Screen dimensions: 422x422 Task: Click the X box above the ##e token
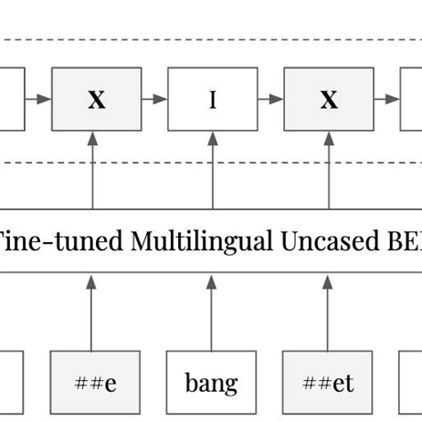[x=96, y=100]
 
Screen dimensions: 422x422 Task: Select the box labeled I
[x=212, y=100]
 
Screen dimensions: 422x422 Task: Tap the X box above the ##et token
[x=329, y=100]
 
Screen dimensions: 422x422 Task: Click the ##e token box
[x=96, y=384]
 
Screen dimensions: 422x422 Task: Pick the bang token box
[x=212, y=384]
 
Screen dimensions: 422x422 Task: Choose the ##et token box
[x=329, y=384]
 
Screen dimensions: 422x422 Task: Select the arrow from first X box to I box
[x=154, y=100]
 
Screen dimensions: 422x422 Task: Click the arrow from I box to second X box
[x=270, y=100]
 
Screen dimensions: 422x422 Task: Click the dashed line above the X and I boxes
[x=211, y=40]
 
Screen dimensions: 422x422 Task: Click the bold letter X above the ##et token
[x=329, y=100]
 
